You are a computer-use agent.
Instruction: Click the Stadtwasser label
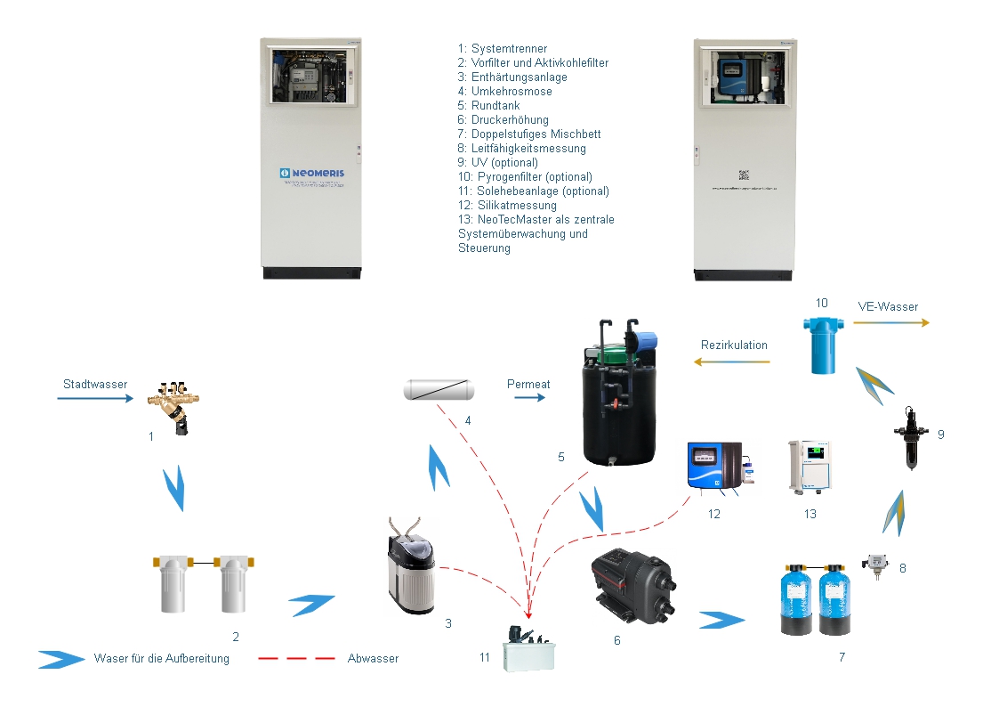[95, 385]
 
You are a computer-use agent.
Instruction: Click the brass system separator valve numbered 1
[174, 407]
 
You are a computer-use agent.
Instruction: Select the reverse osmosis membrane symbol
[439, 389]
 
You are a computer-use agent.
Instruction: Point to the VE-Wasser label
[888, 306]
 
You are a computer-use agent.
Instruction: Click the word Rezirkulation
[734, 345]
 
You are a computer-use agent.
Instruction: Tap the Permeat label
[528, 384]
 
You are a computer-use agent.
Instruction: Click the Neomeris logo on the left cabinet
[310, 173]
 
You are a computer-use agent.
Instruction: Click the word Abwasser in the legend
[373, 659]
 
